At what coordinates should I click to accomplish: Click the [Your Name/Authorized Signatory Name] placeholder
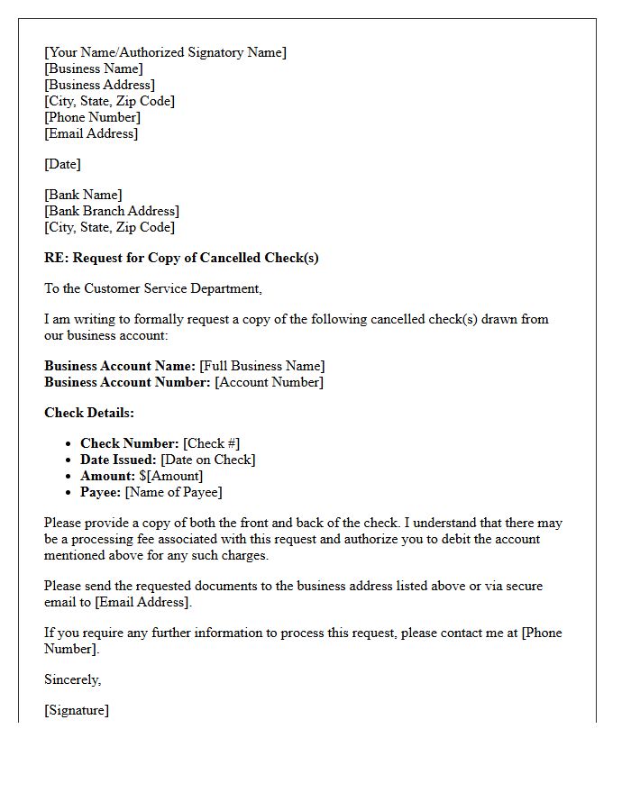165,52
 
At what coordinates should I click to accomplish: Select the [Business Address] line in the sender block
99,85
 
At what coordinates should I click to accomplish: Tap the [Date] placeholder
62,164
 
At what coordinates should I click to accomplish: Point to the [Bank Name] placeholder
83,195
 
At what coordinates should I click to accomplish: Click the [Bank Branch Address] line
112,211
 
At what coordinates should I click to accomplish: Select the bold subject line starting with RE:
181,258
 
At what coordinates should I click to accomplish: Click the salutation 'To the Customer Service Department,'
152,288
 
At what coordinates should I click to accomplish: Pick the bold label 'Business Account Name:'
120,366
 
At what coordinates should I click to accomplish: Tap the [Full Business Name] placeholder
261,366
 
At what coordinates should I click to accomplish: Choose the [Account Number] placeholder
269,382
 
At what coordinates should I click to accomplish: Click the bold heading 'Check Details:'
89,413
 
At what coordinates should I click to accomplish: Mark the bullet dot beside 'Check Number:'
69,444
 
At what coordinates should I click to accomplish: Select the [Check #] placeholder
211,443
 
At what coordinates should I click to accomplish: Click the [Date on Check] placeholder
207,460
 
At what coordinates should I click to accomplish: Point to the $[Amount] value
171,476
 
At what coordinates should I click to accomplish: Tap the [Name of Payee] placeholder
173,492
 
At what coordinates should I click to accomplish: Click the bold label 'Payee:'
101,492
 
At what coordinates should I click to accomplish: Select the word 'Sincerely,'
73,679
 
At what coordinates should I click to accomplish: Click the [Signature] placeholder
77,710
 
